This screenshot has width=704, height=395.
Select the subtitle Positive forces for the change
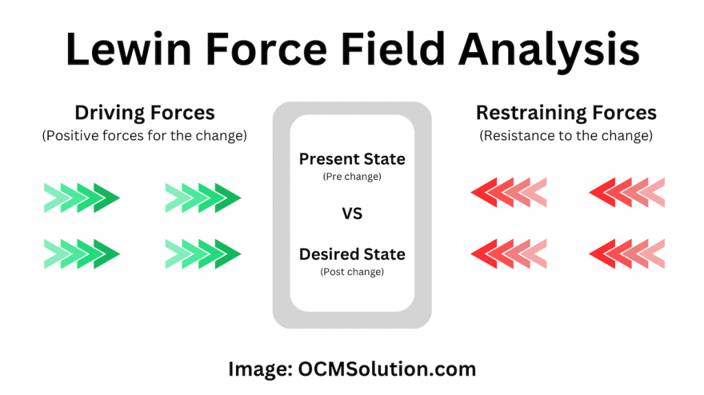click(x=144, y=135)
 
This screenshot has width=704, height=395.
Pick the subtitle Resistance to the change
click(x=565, y=135)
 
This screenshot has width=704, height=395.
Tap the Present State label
click(x=352, y=159)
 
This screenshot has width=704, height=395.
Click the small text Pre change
click(x=352, y=177)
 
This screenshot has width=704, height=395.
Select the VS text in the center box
click(x=352, y=214)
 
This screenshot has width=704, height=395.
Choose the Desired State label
click(x=352, y=254)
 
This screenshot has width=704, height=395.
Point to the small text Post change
click(x=352, y=271)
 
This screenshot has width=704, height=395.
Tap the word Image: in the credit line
click(x=258, y=369)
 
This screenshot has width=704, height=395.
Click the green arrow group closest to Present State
click(x=203, y=199)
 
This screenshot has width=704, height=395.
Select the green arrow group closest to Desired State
click(x=203, y=253)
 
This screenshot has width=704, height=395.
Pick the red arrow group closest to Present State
click(x=509, y=193)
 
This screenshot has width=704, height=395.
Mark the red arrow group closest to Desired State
click(x=509, y=253)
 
